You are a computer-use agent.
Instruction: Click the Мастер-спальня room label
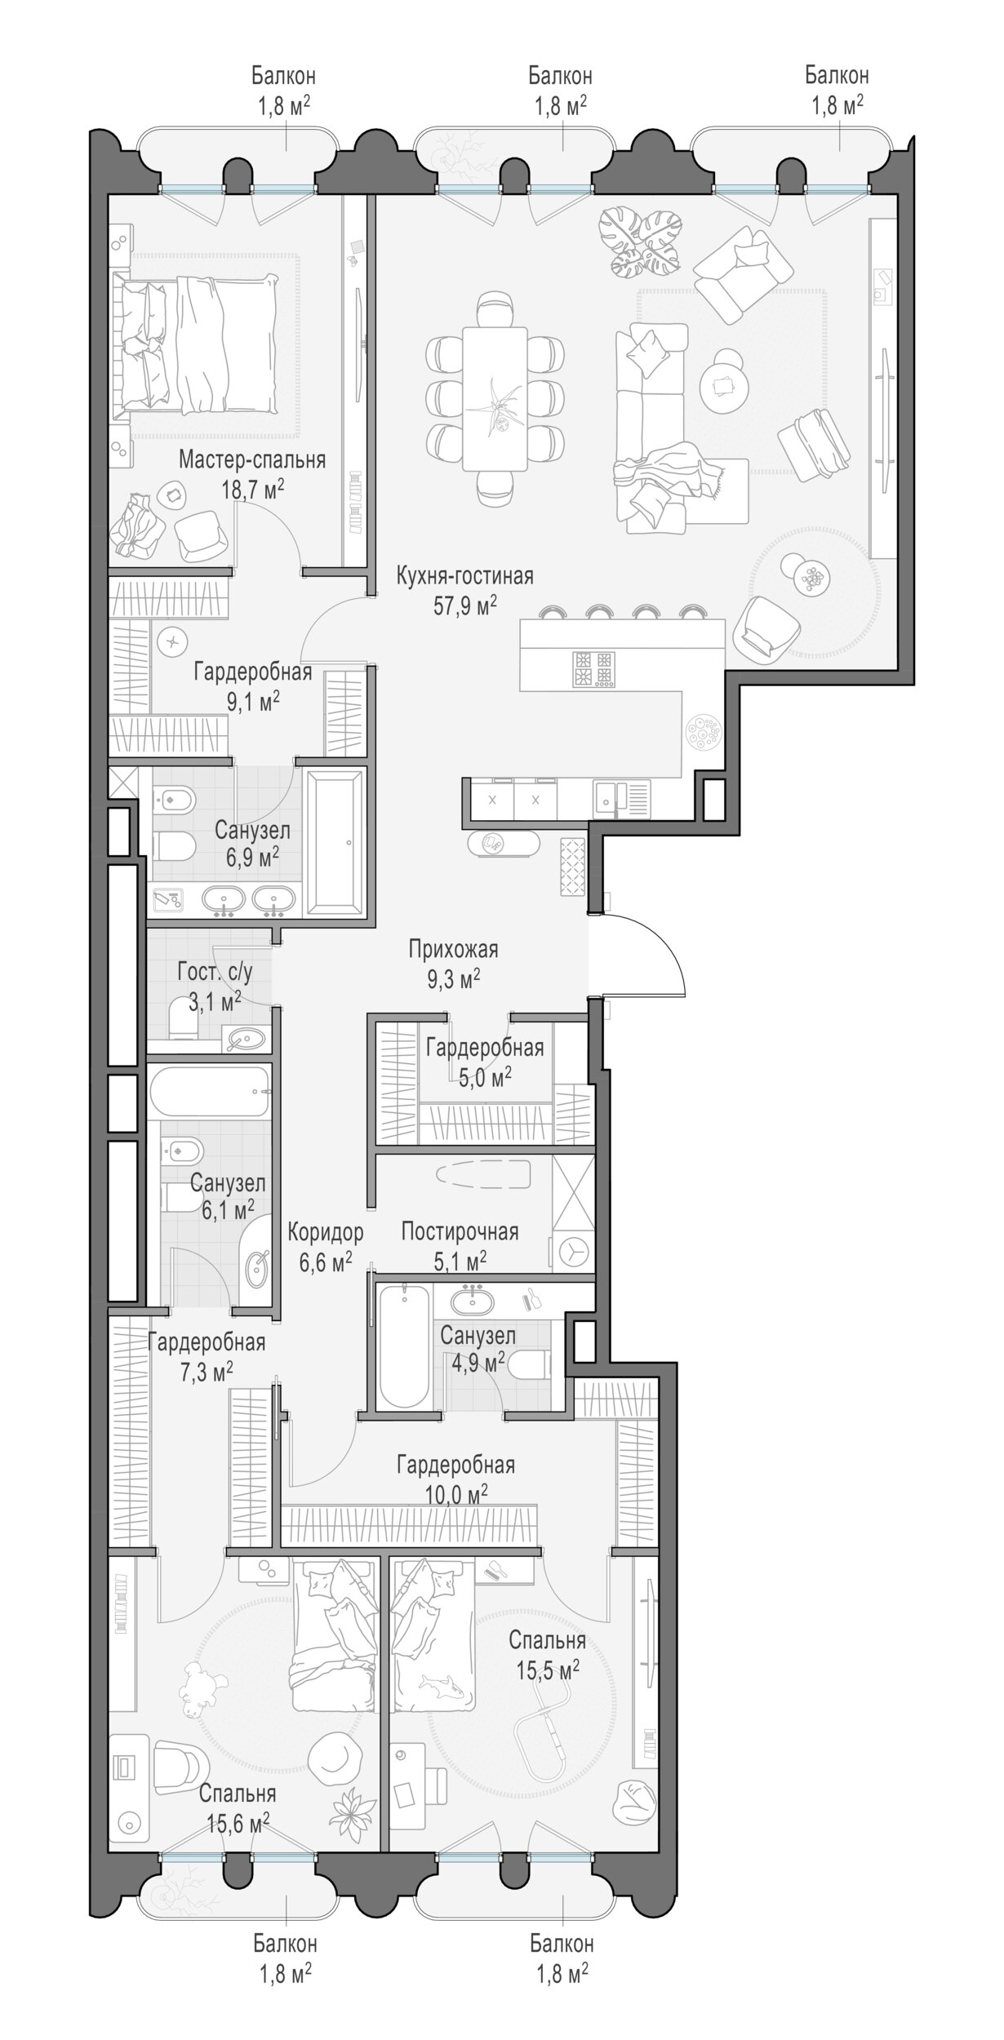pos(252,460)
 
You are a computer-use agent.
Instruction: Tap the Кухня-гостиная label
pos(464,577)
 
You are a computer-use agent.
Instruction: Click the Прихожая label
pos(453,949)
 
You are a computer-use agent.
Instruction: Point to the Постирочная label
pos(460,1231)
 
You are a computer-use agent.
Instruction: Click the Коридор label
pos(325,1231)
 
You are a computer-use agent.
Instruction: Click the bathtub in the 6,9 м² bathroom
pos(335,840)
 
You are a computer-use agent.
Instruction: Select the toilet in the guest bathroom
pos(183,1023)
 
